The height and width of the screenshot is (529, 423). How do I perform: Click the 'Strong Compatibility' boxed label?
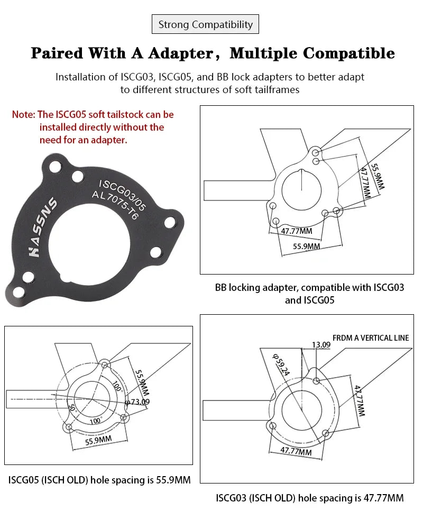pyautogui.click(x=206, y=24)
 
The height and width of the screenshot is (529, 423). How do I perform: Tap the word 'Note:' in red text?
pyautogui.click(x=24, y=114)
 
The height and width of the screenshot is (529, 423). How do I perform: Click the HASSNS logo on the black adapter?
pyautogui.click(x=42, y=227)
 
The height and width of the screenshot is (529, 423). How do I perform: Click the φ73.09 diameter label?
pyautogui.click(x=137, y=402)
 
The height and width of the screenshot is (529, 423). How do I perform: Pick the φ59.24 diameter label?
pyautogui.click(x=282, y=365)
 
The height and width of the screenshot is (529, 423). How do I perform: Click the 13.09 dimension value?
pyautogui.click(x=320, y=345)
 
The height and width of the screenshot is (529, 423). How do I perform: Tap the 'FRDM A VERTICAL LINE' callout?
pyautogui.click(x=370, y=338)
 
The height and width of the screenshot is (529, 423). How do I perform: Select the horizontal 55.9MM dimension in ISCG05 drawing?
pyautogui.click(x=98, y=440)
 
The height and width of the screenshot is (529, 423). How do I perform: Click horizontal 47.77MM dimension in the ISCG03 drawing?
pyautogui.click(x=296, y=451)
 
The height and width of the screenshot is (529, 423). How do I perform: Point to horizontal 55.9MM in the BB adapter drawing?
pyautogui.click(x=307, y=246)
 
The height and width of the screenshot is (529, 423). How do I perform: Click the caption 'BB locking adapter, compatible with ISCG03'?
pyautogui.click(x=309, y=288)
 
